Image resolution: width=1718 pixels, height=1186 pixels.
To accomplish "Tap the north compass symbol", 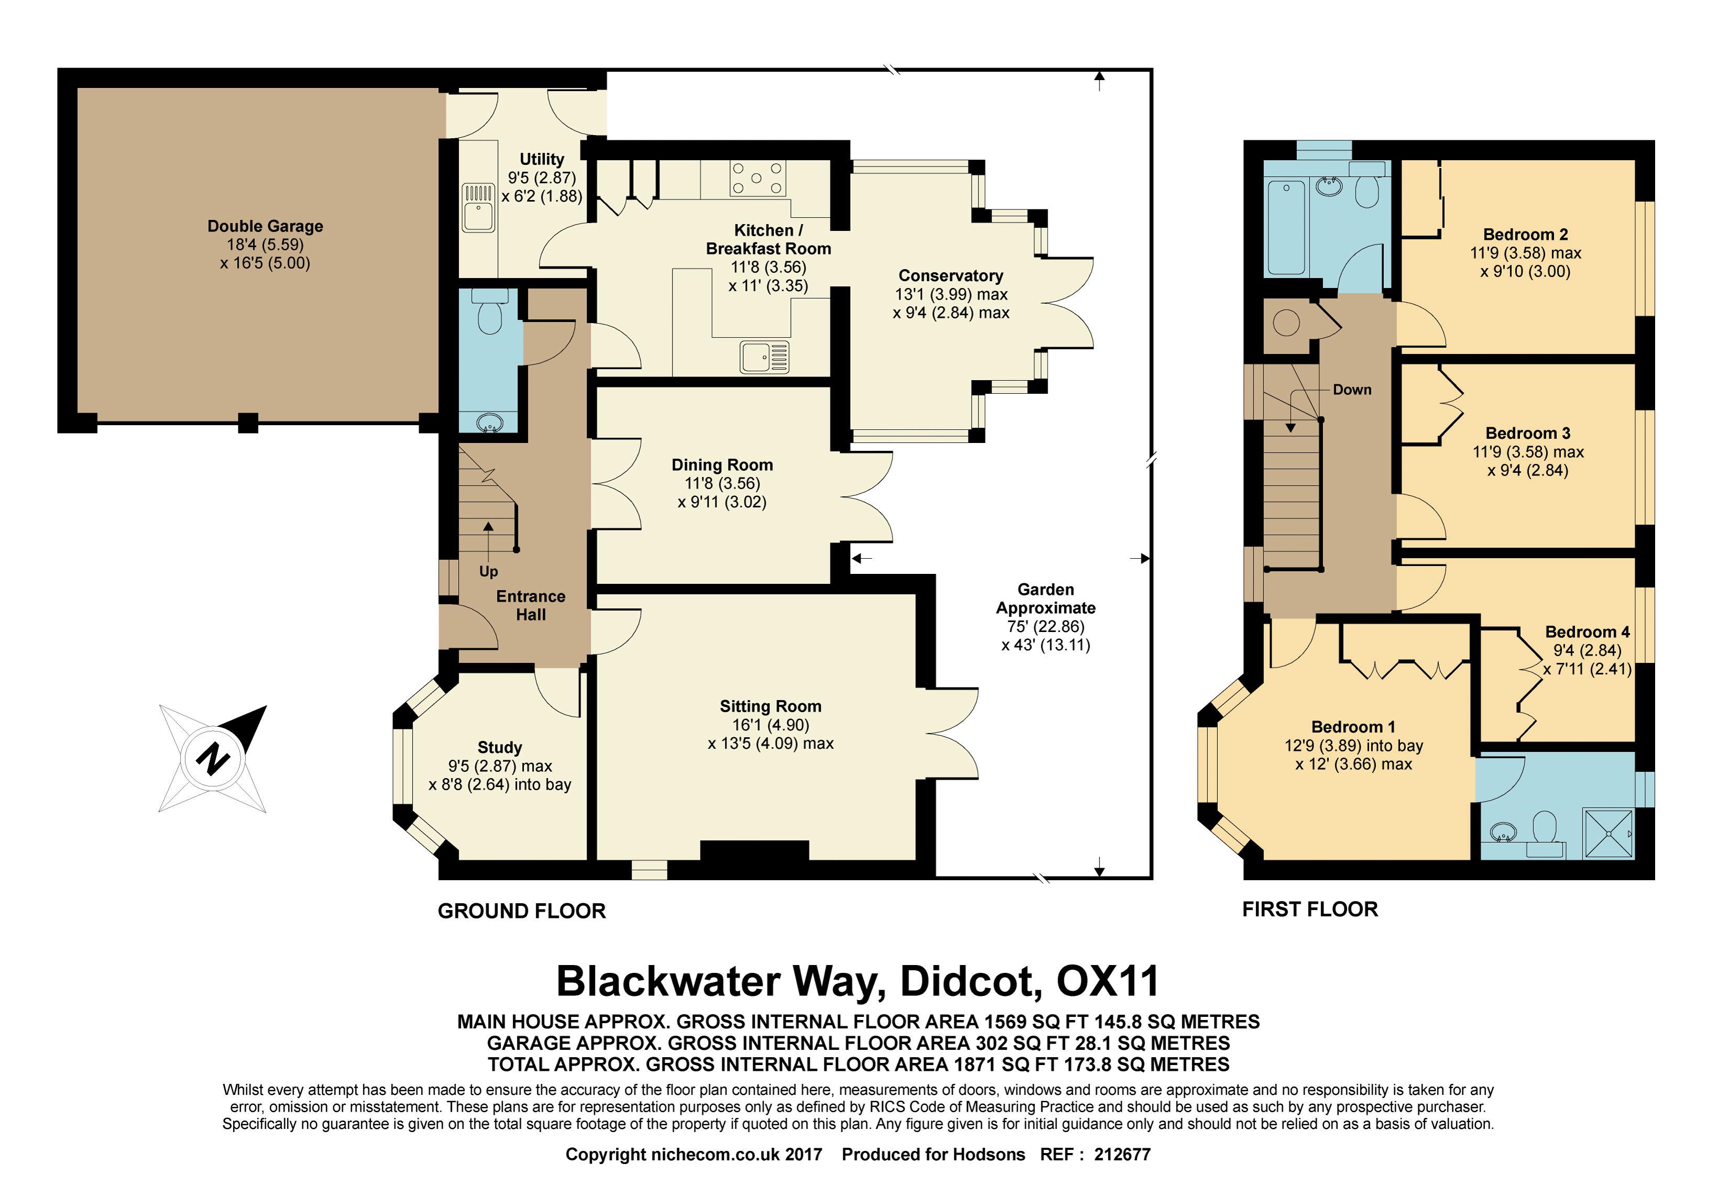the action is pos(213,759).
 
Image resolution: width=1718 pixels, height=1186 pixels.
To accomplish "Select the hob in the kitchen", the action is pos(757,179).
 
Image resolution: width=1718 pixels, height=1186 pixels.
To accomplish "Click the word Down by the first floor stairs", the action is pos(1351,390).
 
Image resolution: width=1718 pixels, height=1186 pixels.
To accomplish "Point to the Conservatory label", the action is pos(950,276).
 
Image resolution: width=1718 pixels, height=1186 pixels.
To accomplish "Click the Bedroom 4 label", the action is pos(1587,631).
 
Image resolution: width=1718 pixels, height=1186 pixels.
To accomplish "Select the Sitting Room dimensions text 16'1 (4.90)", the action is pos(770,725).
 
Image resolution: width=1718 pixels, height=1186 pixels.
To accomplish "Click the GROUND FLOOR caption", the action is pos(521,911).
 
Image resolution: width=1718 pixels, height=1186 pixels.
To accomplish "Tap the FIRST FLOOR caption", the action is pos(1310,909).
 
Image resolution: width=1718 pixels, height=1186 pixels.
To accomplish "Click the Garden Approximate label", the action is pos(1045,598).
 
